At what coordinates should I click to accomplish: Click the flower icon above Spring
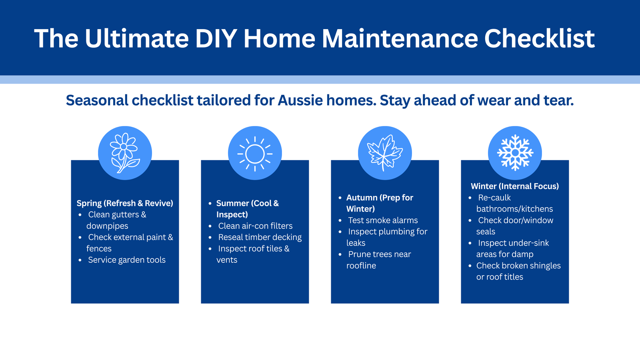tap(125, 153)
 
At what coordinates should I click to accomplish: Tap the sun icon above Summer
tap(255, 154)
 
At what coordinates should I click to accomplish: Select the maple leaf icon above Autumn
tap(385, 153)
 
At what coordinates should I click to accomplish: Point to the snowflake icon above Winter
tap(515, 153)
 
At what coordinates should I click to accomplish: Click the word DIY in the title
tap(216, 38)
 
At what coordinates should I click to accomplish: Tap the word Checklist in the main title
tap(540, 38)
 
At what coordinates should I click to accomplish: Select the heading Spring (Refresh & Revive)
tap(125, 203)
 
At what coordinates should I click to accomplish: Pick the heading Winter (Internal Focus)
tap(515, 186)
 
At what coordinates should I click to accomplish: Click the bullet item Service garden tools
tap(127, 260)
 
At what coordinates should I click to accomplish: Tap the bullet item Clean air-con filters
tap(256, 226)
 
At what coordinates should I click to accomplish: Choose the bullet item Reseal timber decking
tap(260, 237)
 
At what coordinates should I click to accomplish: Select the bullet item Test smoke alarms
tap(383, 220)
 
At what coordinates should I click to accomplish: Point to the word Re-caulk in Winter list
tap(494, 198)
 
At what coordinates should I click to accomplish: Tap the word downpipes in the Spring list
tap(107, 226)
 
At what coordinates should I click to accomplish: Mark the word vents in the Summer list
tap(227, 260)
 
